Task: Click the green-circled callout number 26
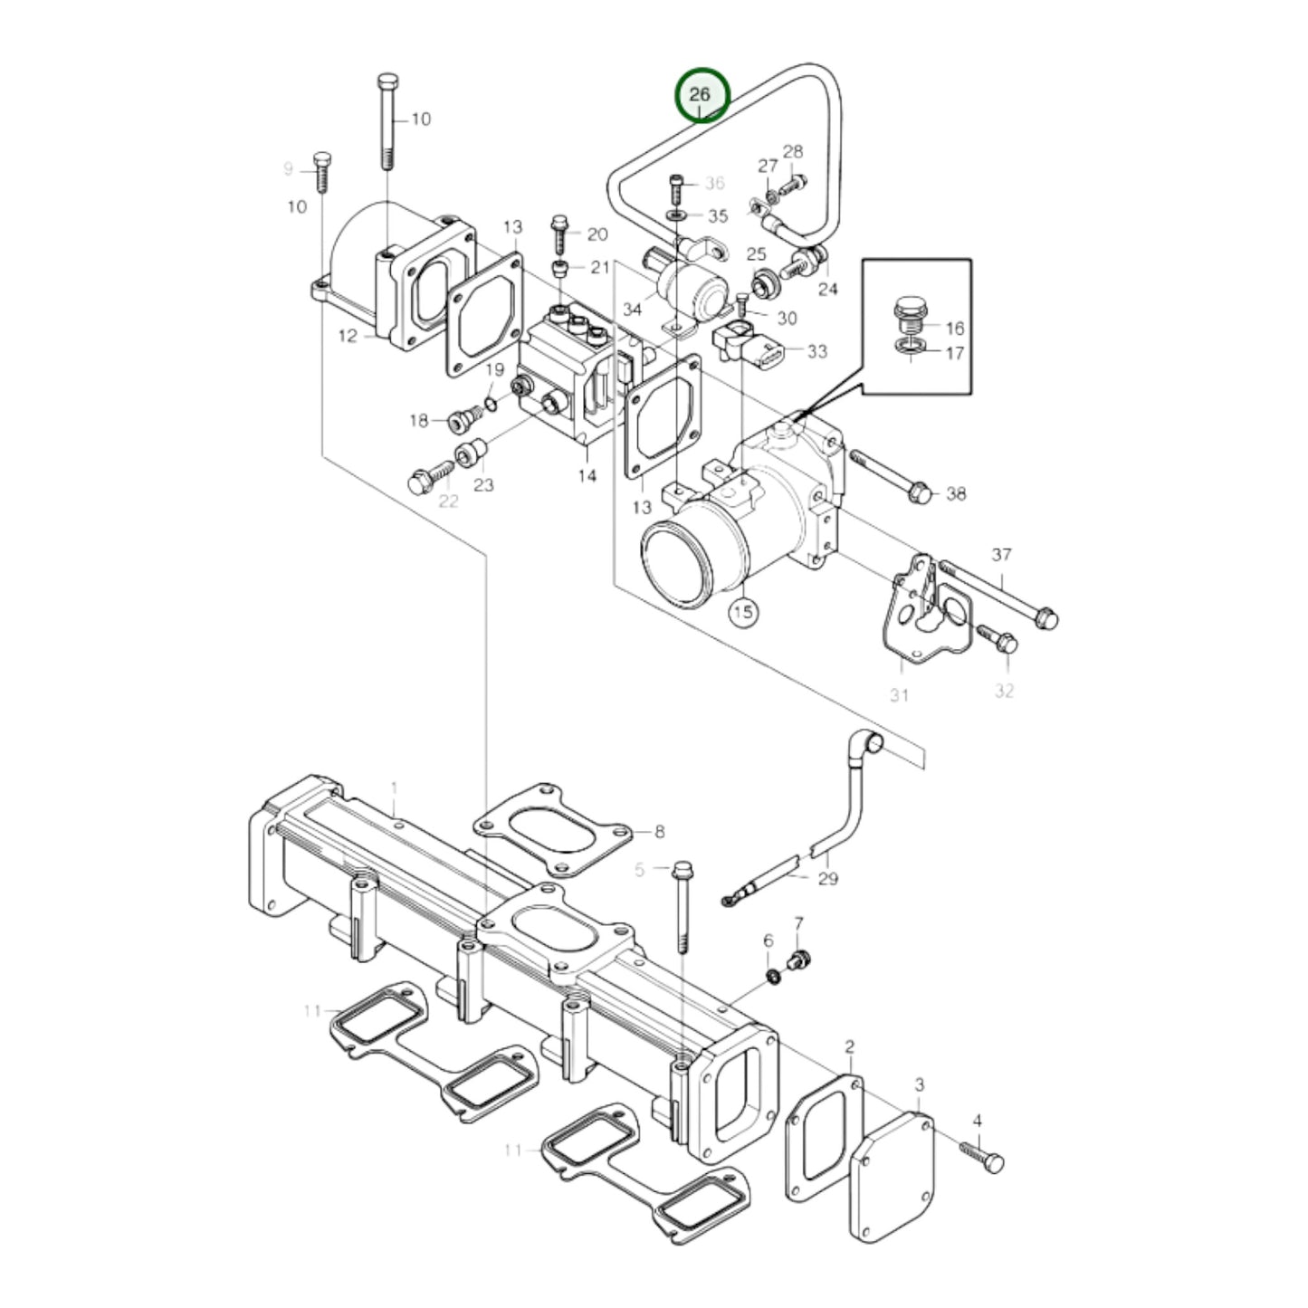coord(701,95)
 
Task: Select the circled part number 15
coord(742,613)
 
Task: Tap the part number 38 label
coord(956,493)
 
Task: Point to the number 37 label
coord(1000,555)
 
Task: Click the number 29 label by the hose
coord(827,878)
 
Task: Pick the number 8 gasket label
coord(659,831)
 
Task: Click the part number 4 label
coord(977,1121)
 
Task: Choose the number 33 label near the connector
coord(816,351)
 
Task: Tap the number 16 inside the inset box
coord(955,328)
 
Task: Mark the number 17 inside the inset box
coord(955,353)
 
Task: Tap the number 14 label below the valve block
coord(587,474)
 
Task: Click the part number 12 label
coord(348,337)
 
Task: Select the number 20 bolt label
coord(597,235)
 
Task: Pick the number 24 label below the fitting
coord(827,290)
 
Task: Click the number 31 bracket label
coord(899,695)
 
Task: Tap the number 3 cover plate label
coord(919,1084)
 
